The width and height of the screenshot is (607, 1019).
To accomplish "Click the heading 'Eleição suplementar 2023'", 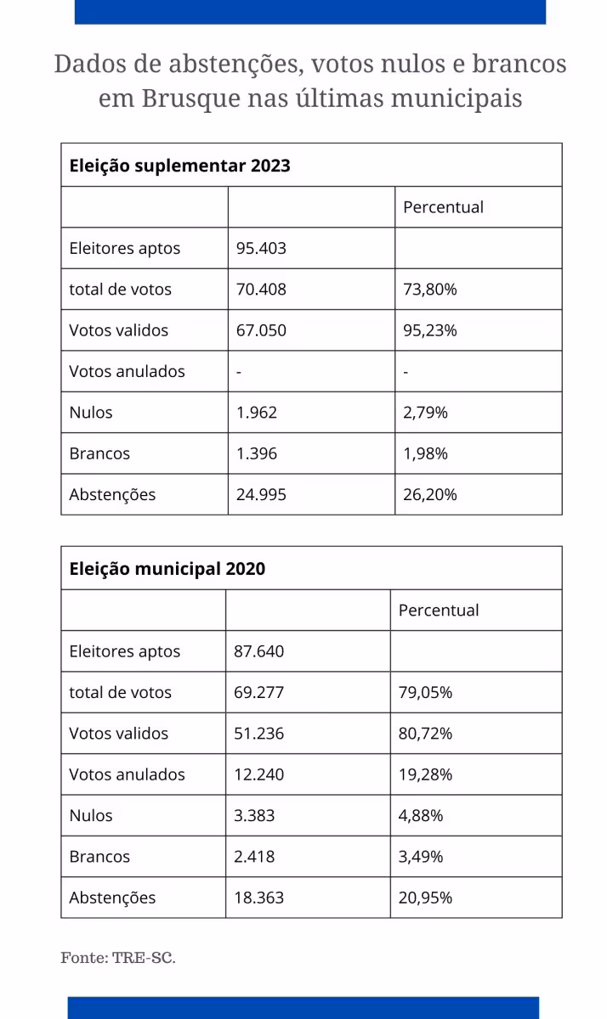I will tap(179, 166).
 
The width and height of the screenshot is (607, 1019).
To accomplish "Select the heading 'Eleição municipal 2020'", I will tap(167, 569).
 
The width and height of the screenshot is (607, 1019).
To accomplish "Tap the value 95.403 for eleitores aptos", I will tap(261, 249).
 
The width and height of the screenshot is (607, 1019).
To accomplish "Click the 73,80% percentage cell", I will tap(429, 290).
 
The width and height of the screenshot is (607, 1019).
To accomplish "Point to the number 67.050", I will tap(261, 330).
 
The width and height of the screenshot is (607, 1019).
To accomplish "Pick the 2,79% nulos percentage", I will tap(425, 413).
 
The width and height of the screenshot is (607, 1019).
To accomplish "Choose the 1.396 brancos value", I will tap(257, 453).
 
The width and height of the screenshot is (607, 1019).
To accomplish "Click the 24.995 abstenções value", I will tap(261, 494).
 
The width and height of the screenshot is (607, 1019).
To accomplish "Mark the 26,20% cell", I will tap(429, 494).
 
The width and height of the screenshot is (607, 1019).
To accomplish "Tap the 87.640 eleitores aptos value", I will tap(259, 651).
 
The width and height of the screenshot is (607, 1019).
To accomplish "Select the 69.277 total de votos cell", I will tap(259, 692).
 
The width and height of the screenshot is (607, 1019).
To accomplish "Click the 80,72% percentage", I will tap(425, 734).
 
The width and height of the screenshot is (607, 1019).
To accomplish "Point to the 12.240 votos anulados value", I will tap(259, 774).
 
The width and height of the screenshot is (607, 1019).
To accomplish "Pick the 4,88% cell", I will tap(421, 815).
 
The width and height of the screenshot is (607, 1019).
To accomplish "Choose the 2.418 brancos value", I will tap(254, 857).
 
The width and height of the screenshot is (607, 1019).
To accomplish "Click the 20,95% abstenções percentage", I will tap(425, 898).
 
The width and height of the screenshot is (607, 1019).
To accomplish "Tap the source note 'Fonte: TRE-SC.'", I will tap(118, 958).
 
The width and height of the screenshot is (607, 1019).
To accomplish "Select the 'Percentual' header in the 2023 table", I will tap(443, 207).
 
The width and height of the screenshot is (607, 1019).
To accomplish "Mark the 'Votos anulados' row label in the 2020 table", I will tap(127, 774).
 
